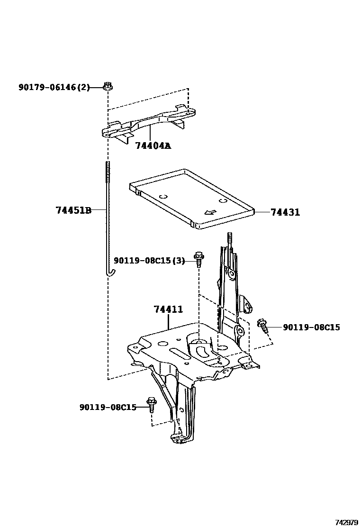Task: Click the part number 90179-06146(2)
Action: [x=54, y=87]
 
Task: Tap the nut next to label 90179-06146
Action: [x=108, y=86]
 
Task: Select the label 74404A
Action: [x=153, y=145]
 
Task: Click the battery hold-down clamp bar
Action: [x=149, y=123]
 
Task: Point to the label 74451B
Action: [x=73, y=210]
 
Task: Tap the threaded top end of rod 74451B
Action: [x=108, y=169]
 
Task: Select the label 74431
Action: [x=285, y=212]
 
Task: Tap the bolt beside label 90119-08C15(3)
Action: [x=199, y=259]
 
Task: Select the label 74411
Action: [x=168, y=309]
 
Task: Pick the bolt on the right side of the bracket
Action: [x=263, y=326]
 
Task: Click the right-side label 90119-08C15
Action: [x=311, y=327]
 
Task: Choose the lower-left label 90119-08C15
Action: [x=108, y=407]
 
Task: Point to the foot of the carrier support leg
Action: [x=180, y=438]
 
